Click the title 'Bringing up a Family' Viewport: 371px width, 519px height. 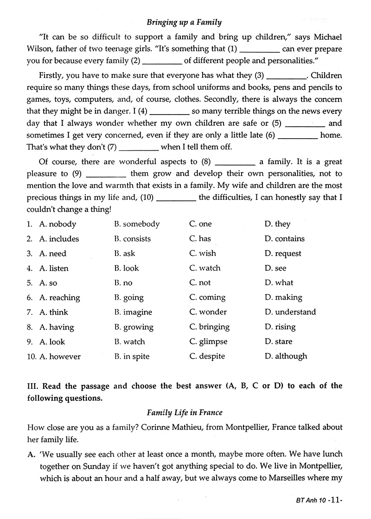tap(184, 22)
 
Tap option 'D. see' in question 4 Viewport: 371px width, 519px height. tap(275, 268)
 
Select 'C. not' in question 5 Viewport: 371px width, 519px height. tap(200, 283)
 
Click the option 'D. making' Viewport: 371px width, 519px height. tap(283, 297)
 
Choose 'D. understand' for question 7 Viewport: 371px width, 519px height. tap(290, 312)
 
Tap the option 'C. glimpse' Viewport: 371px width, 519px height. tap(208, 342)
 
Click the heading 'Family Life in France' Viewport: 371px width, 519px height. tap(185, 412)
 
